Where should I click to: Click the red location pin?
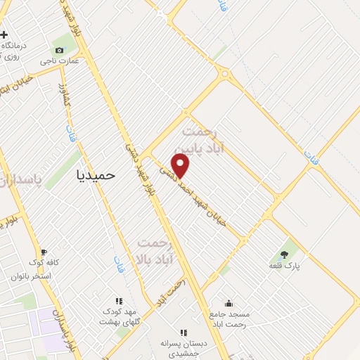(x=181, y=165)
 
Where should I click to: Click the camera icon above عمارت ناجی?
(x=60, y=50)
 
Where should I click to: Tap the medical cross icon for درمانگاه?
(x=4, y=34)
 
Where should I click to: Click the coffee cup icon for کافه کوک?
(x=44, y=252)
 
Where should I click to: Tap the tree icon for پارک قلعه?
(x=284, y=255)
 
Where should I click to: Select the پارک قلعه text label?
(x=284, y=266)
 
